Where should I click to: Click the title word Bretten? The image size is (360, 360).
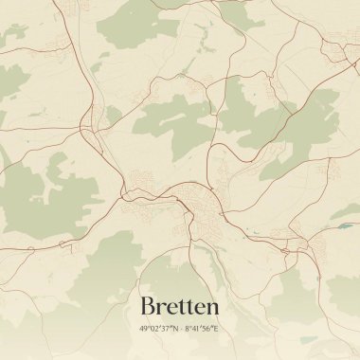(180, 306)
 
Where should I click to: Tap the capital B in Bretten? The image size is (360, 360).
(148, 306)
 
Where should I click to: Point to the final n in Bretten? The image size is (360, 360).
(213, 308)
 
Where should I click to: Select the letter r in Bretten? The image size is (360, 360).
(161, 308)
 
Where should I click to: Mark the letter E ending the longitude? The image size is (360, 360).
(216, 329)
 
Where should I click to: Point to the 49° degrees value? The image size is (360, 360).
(145, 329)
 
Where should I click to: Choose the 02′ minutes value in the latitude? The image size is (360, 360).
(154, 329)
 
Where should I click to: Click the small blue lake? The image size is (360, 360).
(346, 227)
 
